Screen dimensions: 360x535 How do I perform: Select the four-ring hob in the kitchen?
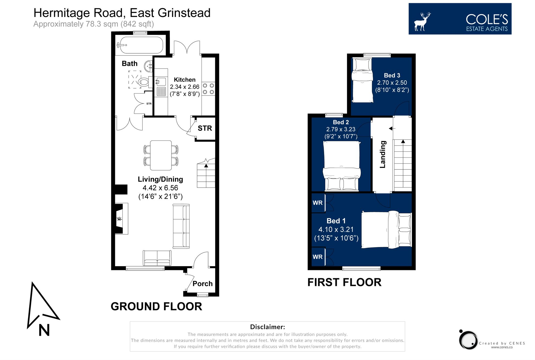(208, 89)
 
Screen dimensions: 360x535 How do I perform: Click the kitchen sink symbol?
(161, 82)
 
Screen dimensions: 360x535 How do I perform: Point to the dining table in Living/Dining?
(161, 155)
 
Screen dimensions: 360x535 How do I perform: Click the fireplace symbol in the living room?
(120, 218)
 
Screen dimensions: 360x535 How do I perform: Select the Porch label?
(202, 284)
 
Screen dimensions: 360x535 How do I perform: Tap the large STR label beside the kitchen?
(205, 128)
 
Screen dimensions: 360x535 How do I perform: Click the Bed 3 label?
(392, 75)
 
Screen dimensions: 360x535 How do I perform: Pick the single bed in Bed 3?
(362, 81)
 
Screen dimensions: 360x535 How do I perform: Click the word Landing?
(382, 154)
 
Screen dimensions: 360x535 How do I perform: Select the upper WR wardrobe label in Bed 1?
(317, 203)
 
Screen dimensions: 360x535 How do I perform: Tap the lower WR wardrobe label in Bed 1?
(317, 257)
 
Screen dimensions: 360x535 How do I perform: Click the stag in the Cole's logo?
(422, 22)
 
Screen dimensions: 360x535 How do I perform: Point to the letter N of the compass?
(44, 330)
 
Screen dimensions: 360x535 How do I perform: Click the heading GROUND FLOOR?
(156, 307)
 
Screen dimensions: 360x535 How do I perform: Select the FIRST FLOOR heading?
(344, 282)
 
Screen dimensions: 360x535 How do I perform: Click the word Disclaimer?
(267, 327)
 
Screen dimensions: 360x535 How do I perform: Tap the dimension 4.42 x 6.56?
(160, 188)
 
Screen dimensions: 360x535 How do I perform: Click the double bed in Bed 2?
(341, 166)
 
